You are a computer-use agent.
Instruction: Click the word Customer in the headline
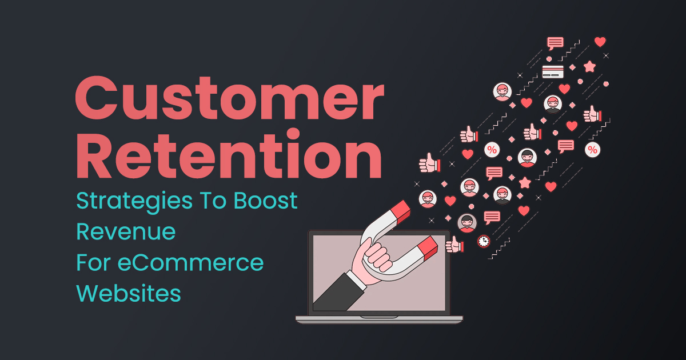[229, 100]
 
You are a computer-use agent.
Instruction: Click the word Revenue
[126, 231]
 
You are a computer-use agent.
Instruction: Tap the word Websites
[129, 293]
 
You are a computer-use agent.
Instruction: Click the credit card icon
[553, 72]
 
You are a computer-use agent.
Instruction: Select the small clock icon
[484, 241]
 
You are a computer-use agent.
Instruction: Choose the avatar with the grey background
[467, 222]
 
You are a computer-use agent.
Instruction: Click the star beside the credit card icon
[589, 67]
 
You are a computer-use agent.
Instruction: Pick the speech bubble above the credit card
[555, 43]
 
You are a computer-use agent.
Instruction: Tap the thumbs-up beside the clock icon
[454, 245]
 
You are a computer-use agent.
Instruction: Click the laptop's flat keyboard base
[379, 319]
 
